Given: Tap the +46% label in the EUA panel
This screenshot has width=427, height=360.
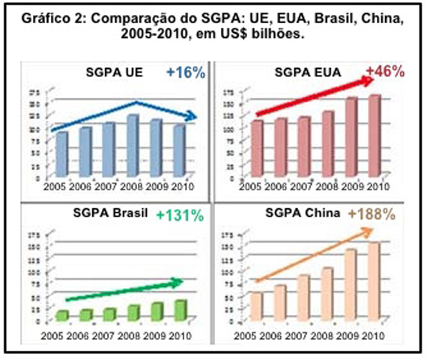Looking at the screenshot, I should [384, 73].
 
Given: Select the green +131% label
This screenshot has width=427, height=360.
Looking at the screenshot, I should [180, 215].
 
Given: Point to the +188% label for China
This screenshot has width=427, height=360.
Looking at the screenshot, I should [381, 214].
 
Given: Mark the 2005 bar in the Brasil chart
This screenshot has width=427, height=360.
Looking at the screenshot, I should [63, 315].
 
